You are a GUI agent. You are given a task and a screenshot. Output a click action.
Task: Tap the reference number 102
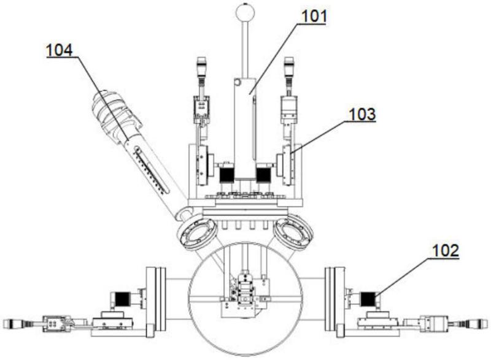tap(444, 250)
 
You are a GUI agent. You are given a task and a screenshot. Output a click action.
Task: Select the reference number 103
tap(363, 114)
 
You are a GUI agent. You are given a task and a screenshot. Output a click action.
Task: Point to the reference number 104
tap(60, 50)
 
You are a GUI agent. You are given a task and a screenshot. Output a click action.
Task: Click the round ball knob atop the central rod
tap(244, 12)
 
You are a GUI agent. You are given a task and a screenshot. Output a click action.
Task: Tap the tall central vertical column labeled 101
tap(244, 129)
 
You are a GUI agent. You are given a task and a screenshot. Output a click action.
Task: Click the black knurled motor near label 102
tap(368, 300)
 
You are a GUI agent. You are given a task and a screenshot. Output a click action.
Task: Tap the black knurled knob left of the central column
tap(225, 174)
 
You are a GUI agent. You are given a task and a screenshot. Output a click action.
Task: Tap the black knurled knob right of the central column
tap(264, 174)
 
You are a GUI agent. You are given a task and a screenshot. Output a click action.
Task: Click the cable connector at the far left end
tap(15, 323)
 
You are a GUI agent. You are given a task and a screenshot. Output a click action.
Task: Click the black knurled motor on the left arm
tap(120, 300)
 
